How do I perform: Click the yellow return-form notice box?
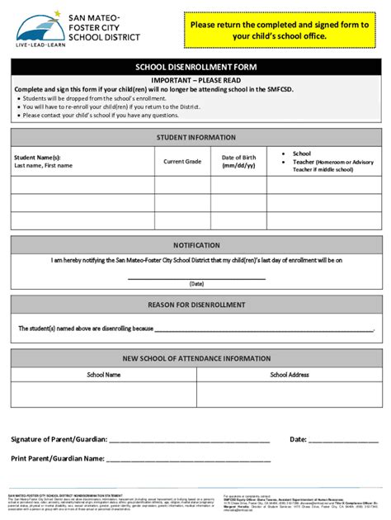280,31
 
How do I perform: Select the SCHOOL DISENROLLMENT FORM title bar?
195,68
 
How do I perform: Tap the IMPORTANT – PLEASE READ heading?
195,80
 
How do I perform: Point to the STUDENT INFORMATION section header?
195,138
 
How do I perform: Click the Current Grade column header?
182,162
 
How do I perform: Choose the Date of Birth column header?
238,161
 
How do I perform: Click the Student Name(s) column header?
43,161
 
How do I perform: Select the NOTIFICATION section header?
195,245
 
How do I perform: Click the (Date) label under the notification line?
196,284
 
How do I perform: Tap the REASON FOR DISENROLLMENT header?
195,305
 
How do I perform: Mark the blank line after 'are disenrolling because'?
264,329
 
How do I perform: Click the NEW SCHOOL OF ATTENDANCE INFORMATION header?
195,358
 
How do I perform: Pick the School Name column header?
104,375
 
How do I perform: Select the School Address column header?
290,375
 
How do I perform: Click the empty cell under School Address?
290,395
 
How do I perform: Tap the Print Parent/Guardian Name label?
57,458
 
